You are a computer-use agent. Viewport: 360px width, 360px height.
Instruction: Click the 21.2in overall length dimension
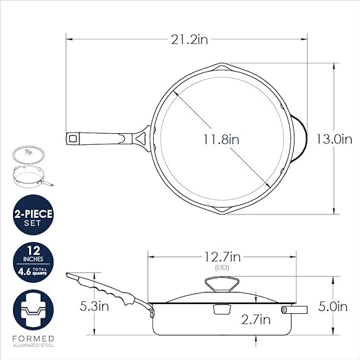(x=189, y=40)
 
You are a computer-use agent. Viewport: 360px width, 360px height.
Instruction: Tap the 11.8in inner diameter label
(x=221, y=139)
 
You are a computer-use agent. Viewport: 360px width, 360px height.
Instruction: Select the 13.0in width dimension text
(x=334, y=139)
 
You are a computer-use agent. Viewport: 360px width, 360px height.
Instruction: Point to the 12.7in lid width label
(x=222, y=257)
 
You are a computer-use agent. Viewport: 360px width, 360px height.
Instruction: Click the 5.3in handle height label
(x=94, y=306)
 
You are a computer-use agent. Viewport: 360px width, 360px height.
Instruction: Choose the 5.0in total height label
(x=332, y=307)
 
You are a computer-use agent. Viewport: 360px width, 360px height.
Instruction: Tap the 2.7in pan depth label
(x=256, y=320)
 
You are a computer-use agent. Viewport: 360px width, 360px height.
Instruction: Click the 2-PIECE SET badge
(x=33, y=214)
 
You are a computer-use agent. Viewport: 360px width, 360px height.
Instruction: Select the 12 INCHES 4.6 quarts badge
(x=33, y=262)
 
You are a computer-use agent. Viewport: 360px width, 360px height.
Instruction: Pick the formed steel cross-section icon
(x=33, y=310)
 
